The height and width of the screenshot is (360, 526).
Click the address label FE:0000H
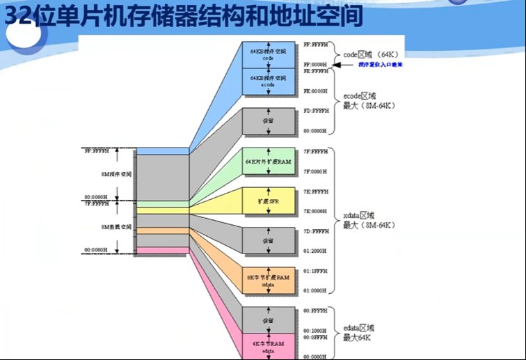coord(315,91)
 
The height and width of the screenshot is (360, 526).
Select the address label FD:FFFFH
coord(315,111)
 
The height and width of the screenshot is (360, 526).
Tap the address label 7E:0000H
coord(315,211)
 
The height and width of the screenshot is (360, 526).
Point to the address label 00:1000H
coord(315,330)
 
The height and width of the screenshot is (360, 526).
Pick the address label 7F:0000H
coord(315,171)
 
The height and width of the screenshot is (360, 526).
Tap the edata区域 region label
coord(359,327)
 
